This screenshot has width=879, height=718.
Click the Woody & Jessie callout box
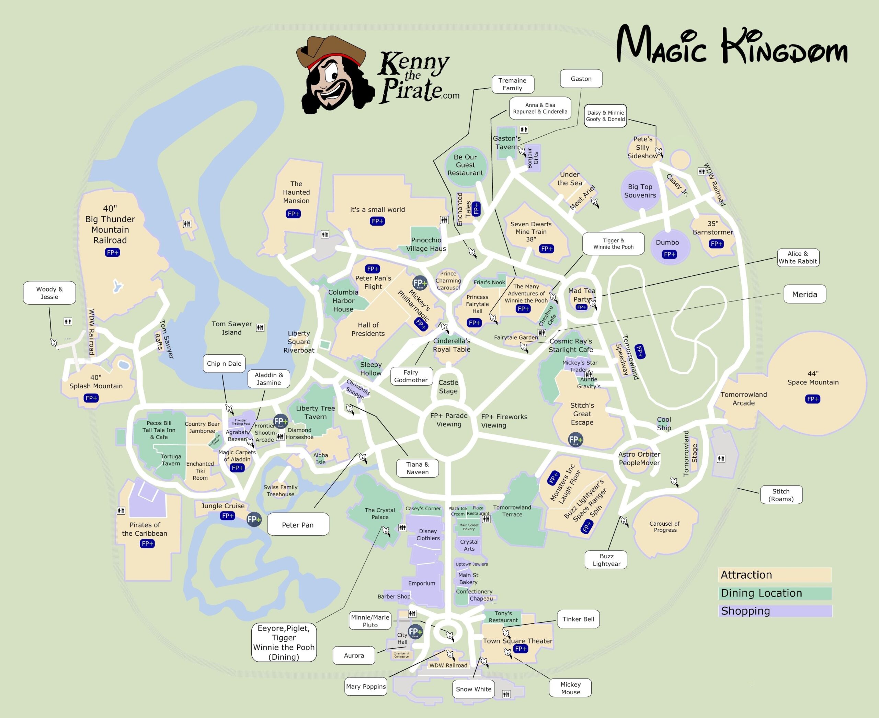(x=49, y=293)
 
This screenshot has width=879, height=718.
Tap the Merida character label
(x=804, y=294)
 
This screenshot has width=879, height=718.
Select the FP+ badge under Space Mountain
(x=812, y=399)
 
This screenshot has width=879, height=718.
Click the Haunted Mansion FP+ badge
(x=293, y=214)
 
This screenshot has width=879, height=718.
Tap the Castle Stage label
(x=448, y=386)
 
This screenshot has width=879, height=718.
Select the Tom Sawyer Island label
(x=232, y=328)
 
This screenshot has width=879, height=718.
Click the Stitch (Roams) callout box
(x=780, y=495)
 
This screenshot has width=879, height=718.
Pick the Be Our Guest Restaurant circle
(x=465, y=165)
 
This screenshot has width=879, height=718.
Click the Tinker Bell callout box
(x=578, y=619)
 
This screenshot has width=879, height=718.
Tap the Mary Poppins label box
(x=366, y=686)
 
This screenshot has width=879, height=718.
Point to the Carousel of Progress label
(x=664, y=526)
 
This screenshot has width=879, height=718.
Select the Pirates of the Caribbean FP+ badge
(x=147, y=544)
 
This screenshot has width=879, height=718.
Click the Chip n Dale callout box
(x=224, y=363)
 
